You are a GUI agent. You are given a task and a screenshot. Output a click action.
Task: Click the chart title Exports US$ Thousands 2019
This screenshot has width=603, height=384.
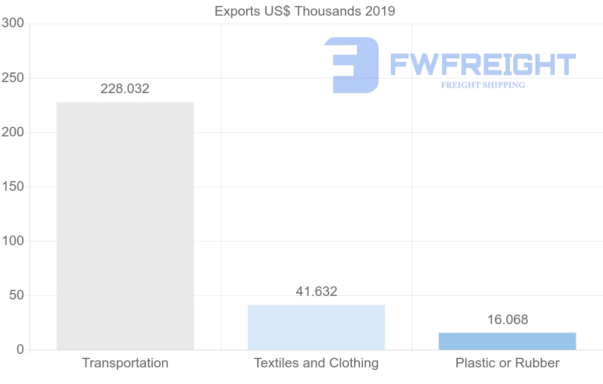tap(305, 11)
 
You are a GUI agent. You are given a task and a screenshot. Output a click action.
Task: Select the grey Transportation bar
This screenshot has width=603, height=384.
tap(125, 226)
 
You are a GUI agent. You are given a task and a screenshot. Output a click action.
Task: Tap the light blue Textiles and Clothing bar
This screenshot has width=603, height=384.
tap(316, 327)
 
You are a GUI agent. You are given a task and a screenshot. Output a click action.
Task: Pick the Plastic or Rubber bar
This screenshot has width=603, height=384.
tap(507, 341)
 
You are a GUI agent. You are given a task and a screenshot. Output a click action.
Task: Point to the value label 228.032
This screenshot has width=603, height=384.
tap(125, 89)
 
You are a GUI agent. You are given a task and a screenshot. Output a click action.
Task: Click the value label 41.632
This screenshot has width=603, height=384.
tap(316, 291)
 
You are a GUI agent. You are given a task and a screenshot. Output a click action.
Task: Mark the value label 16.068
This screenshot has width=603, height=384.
tap(508, 320)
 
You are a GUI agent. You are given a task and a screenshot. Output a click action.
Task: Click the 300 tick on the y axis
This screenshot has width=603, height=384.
tap(13, 23)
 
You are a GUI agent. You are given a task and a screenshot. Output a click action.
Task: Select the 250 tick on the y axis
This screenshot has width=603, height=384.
tap(13, 78)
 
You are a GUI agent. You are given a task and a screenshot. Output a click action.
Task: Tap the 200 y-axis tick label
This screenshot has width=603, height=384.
tap(13, 132)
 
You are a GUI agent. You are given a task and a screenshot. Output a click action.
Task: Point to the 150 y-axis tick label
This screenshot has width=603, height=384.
tap(13, 187)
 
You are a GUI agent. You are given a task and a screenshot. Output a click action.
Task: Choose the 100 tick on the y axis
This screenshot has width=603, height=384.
tap(13, 241)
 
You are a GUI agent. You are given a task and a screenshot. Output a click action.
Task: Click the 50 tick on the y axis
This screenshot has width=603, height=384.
tap(17, 295)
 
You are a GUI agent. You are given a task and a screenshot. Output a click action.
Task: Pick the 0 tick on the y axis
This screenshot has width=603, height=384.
tap(21, 350)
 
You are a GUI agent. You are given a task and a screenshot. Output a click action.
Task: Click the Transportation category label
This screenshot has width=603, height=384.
tap(125, 363)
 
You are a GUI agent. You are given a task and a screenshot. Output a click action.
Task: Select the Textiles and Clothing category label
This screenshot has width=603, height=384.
tap(316, 363)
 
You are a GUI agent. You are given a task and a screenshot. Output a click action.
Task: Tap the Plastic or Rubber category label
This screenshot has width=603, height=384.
tap(508, 363)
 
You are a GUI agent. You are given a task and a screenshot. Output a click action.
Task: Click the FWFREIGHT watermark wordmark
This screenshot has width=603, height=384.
tap(482, 65)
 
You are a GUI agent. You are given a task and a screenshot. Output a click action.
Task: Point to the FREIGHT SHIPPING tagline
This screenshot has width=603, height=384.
tap(483, 85)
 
